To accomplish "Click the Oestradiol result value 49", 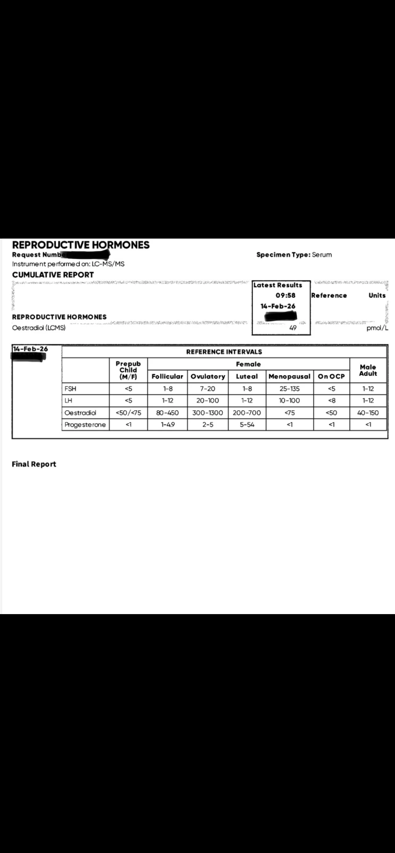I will pyautogui.click(x=293, y=328).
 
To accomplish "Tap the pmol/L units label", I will pyautogui.click(x=377, y=328).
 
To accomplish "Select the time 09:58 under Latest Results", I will pyautogui.click(x=285, y=295).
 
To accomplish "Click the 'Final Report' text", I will pyautogui.click(x=34, y=464).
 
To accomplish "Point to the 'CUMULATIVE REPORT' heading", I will pyautogui.click(x=53, y=275).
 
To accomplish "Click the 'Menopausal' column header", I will pyautogui.click(x=289, y=376).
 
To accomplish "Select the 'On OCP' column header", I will pyautogui.click(x=331, y=376).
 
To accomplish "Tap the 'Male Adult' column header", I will pyautogui.click(x=368, y=370).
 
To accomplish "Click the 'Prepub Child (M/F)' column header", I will pyautogui.click(x=128, y=370).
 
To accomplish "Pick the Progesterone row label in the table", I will pyautogui.click(x=85, y=425).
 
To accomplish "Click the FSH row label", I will pyautogui.click(x=70, y=389).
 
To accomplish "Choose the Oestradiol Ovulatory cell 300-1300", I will pyautogui.click(x=208, y=413).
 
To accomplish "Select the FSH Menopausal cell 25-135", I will pyautogui.click(x=289, y=389).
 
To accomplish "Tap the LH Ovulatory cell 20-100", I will pyautogui.click(x=208, y=401).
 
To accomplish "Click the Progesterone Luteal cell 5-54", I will pyautogui.click(x=247, y=425).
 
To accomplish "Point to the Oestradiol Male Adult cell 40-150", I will pyautogui.click(x=368, y=413).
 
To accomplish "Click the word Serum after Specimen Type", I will pyautogui.click(x=322, y=255).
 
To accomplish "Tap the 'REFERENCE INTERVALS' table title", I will pyautogui.click(x=224, y=352).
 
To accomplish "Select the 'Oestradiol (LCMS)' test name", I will pyautogui.click(x=39, y=328).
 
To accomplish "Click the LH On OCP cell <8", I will pyautogui.click(x=331, y=401).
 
